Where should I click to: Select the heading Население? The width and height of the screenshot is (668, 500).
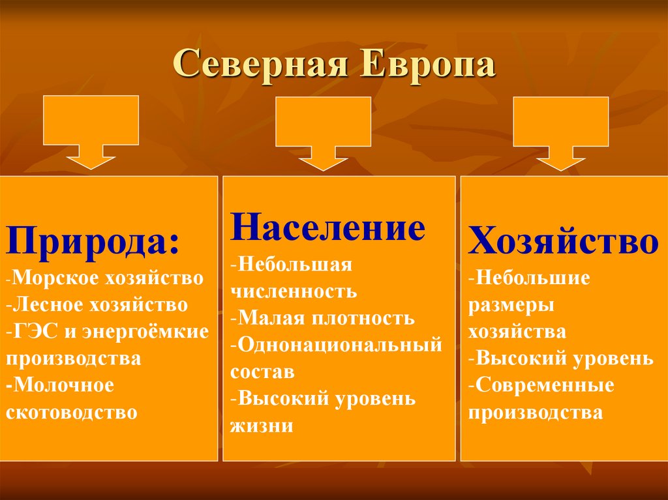tap(328, 229)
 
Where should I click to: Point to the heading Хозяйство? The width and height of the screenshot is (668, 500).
tap(564, 243)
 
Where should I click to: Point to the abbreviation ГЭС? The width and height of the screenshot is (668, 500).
tap(38, 331)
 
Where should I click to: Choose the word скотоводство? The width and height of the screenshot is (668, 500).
tap(72, 413)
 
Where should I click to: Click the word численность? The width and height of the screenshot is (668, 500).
tap(293, 291)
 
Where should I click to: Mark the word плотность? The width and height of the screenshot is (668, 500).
tap(365, 317)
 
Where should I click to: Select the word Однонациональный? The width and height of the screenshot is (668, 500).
tap(339, 344)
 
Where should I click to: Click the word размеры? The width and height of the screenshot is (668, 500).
tap(511, 305)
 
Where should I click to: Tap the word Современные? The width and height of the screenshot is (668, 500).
tap(544, 385)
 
